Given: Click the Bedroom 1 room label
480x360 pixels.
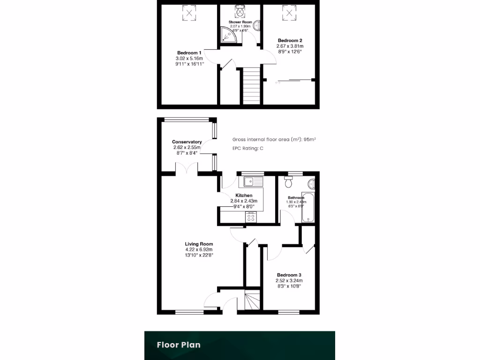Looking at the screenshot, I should [189, 52].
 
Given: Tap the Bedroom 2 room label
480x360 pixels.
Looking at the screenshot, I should [290, 40].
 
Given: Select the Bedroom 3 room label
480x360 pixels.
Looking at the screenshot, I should [289, 275].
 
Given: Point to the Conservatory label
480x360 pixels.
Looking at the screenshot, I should [187, 142].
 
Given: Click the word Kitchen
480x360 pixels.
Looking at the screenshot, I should [244, 195].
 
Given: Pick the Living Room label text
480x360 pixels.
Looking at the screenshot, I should [199, 244].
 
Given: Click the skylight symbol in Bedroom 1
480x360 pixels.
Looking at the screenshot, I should [189, 13].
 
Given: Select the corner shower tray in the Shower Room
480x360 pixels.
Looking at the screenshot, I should [228, 35].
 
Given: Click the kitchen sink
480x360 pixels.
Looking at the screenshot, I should [252, 181].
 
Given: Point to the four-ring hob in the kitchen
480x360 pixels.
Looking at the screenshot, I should [251, 217].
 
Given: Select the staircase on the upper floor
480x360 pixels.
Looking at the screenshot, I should [251, 85].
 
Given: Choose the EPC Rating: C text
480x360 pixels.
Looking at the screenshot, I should [248, 149].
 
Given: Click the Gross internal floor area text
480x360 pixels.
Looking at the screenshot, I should [274, 139].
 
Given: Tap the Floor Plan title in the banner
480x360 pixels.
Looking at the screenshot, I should [179, 345].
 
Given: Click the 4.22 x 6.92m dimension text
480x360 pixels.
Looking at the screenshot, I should [199, 250].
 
